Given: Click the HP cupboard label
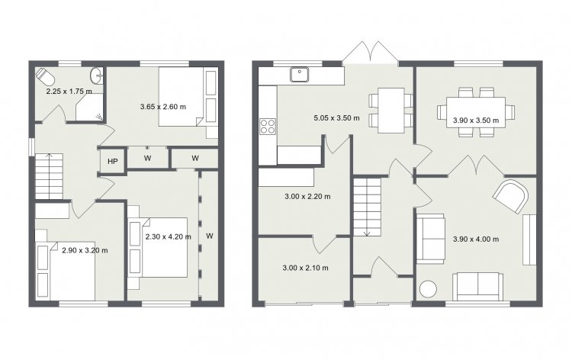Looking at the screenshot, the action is click(113, 161).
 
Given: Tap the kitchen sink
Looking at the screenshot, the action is click(300, 75).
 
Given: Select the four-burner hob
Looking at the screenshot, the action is click(268, 127).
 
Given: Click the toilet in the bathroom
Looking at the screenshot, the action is click(45, 76).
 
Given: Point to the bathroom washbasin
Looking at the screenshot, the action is click(97, 76).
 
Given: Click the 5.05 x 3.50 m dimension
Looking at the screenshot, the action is click(336, 117).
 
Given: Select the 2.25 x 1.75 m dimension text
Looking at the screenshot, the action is click(69, 92).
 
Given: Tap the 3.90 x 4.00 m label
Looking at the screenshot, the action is click(476, 239).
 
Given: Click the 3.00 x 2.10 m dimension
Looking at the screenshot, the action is click(305, 268).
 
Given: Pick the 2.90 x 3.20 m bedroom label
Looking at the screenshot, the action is click(85, 250).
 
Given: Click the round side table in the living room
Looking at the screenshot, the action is click(428, 289).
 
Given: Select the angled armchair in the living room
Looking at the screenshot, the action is click(510, 196).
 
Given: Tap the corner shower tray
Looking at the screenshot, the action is click(89, 109).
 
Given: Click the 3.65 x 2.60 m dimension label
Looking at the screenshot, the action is click(163, 107).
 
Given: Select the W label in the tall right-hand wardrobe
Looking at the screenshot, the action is click(210, 236).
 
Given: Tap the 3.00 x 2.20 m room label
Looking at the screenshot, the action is click(307, 197).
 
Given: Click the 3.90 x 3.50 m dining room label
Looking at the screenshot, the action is click(476, 120).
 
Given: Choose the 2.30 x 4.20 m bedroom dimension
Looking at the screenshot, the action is click(169, 236).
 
